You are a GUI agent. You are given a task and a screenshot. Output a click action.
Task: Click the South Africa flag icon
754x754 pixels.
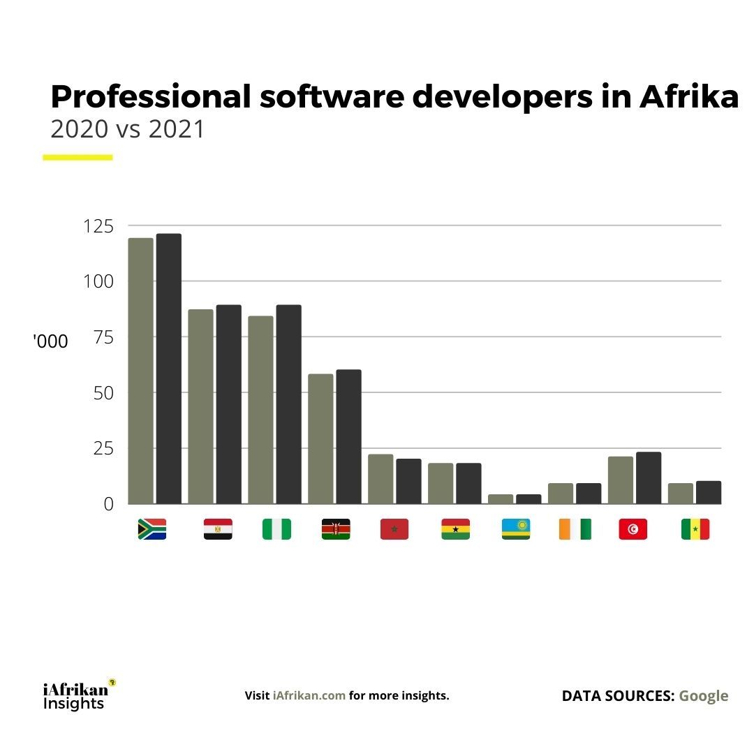click(152, 529)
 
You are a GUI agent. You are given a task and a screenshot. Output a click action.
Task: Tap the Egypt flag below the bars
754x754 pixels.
click(218, 529)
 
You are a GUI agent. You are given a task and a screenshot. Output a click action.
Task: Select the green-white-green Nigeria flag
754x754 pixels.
click(276, 529)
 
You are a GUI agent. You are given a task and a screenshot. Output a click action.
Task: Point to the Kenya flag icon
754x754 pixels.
click(336, 529)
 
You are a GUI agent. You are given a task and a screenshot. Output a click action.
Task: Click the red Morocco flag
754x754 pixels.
click(394, 529)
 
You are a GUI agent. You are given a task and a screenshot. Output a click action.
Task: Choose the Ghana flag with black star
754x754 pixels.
click(455, 529)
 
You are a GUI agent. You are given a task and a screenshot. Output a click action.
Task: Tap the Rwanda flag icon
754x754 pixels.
click(515, 529)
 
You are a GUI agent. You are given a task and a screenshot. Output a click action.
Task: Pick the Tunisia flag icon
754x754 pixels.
click(633, 529)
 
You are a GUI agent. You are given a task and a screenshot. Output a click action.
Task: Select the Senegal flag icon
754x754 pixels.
click(695, 529)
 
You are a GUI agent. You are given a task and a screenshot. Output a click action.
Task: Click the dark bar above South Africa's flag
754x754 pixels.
click(169, 369)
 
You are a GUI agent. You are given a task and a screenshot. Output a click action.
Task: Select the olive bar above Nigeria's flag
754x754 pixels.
click(260, 410)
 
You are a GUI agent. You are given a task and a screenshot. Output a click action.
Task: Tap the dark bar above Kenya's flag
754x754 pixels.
click(348, 436)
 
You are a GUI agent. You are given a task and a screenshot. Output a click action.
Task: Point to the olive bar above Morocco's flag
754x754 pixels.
click(380, 479)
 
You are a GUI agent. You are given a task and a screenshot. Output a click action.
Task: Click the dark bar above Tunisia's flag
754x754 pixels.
click(649, 478)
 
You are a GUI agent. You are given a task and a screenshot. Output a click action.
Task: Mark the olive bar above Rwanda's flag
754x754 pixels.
click(501, 498)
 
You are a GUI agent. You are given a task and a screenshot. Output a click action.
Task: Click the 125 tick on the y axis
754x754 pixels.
click(98, 226)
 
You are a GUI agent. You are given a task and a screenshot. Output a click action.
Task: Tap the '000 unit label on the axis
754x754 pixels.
click(50, 342)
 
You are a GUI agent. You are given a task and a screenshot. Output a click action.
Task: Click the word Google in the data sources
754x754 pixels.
click(703, 696)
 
